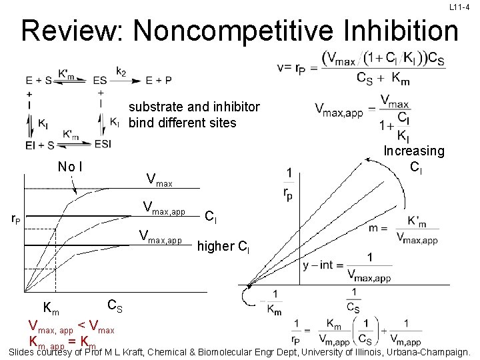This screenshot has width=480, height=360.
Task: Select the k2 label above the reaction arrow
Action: (121, 71)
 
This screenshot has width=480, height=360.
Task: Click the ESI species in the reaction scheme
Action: (103, 144)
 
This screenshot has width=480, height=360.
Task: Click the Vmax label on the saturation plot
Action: (159, 180)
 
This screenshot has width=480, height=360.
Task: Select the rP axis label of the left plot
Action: (14, 217)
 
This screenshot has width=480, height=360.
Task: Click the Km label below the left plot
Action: (51, 308)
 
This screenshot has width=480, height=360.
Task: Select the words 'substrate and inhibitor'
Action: (194, 107)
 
